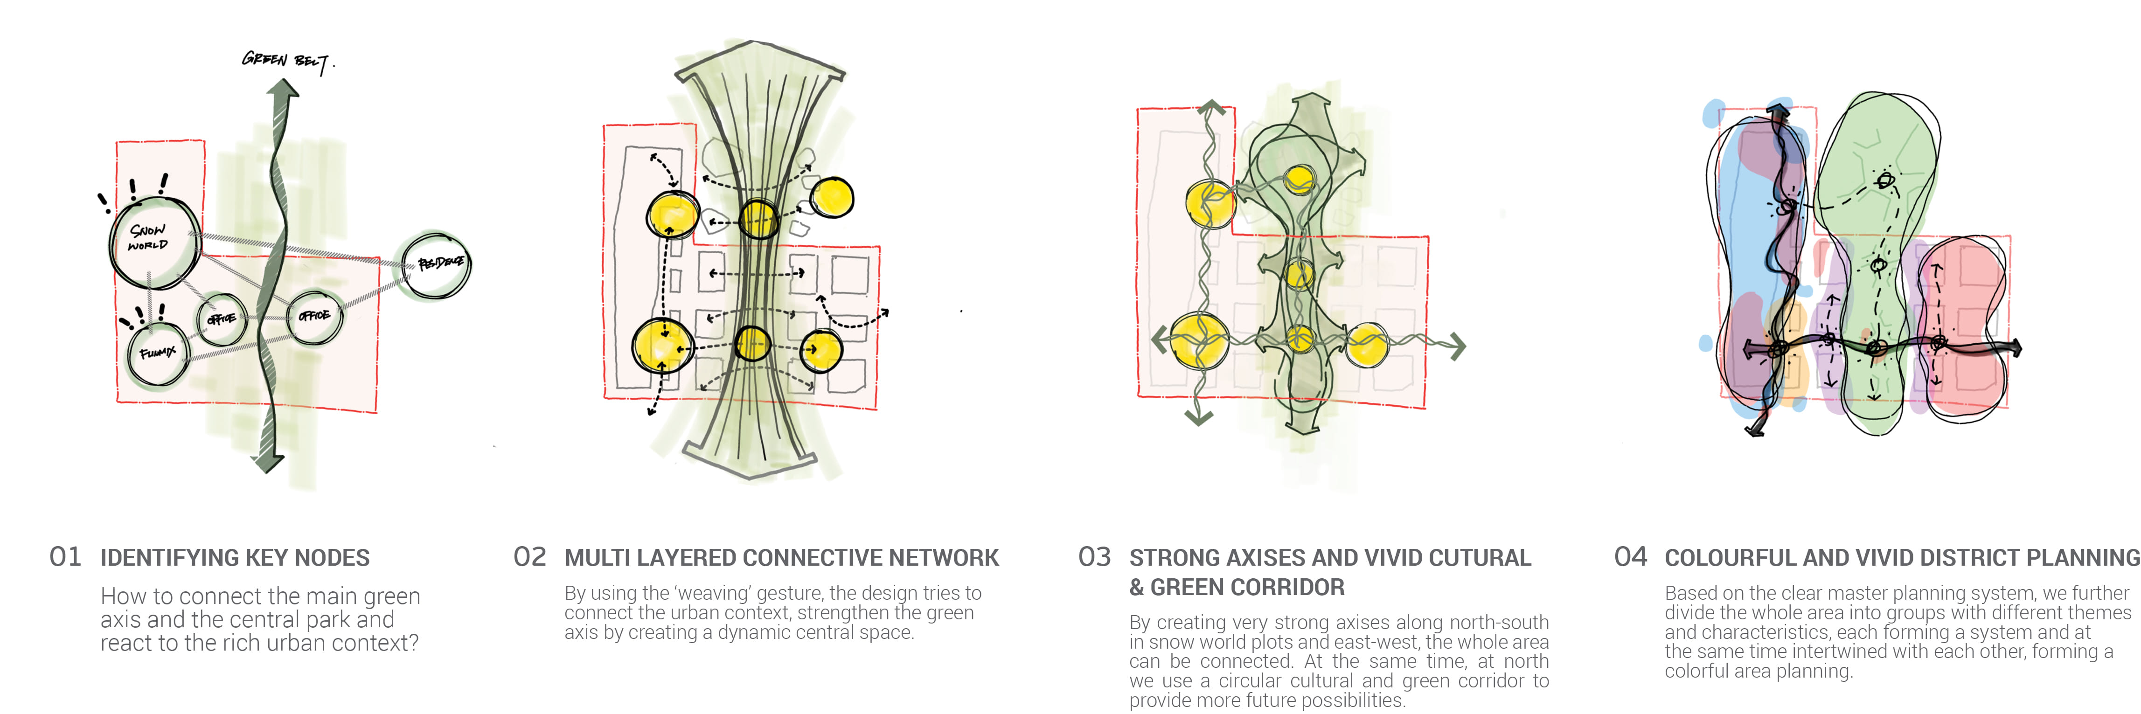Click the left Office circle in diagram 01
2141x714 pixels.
[221, 319]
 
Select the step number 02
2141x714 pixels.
[529, 557]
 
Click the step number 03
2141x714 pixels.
[1094, 557]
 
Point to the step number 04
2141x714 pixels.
[1630, 557]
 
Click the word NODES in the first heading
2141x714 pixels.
[333, 558]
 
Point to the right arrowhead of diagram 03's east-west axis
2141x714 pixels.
[1456, 345]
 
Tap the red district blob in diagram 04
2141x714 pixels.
[1966, 324]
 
